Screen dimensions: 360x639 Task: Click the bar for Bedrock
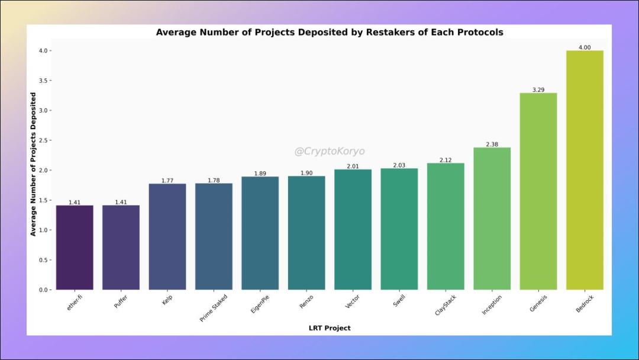[585, 170]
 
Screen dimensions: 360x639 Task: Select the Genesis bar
[538, 191]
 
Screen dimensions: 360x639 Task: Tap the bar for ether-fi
[75, 247]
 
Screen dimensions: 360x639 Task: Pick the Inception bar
[492, 218]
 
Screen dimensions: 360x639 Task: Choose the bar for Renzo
[306, 233]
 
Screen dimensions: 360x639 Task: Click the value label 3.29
[538, 89]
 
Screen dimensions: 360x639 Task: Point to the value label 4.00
[585, 47]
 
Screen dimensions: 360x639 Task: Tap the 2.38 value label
[492, 144]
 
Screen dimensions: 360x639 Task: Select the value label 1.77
[167, 181]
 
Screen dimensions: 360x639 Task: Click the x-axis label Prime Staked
[214, 308]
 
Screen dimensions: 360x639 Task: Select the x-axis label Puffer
[121, 303]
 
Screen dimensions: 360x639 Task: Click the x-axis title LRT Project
[330, 328]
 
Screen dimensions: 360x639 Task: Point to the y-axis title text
[34, 164]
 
